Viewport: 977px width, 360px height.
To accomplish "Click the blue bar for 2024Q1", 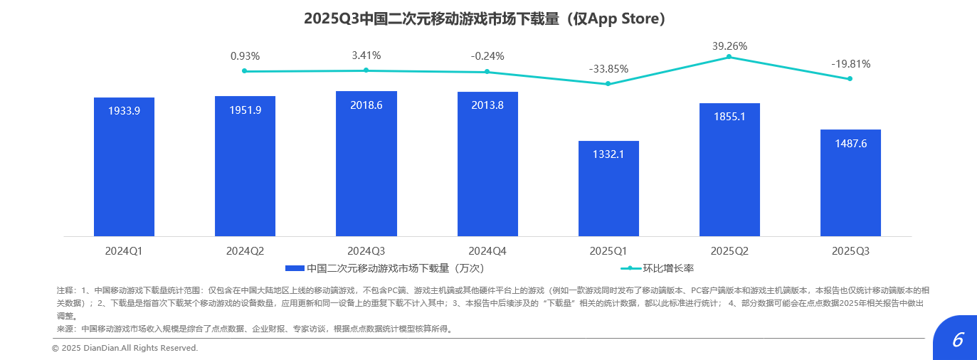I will (x=124, y=167).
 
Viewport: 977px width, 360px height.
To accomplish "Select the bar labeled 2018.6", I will (x=366, y=164).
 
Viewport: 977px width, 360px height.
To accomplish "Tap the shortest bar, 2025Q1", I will (x=608, y=189).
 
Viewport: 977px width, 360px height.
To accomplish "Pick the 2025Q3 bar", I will (x=850, y=183).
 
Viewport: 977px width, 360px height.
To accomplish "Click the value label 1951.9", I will (x=245, y=110).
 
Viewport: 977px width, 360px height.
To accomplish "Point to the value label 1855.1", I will (x=729, y=117).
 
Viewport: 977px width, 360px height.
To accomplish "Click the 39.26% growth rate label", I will (x=729, y=46).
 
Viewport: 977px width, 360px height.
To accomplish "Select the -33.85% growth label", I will (x=608, y=69).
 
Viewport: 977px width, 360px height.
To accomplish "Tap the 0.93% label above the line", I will (x=245, y=55).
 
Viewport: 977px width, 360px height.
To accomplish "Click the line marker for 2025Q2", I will (x=729, y=57).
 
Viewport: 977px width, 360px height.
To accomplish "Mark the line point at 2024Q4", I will (x=487, y=72).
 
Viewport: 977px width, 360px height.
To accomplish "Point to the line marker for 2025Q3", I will (x=850, y=78).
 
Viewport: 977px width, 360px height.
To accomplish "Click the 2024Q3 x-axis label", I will (x=366, y=251).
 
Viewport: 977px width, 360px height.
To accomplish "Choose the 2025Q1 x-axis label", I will (x=608, y=251).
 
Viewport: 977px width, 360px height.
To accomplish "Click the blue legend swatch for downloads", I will (x=295, y=268).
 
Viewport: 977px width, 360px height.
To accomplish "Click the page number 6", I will (x=957, y=340).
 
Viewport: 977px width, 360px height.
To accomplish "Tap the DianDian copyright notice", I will (x=125, y=348).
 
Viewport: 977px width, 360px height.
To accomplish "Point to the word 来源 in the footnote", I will (x=65, y=329).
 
